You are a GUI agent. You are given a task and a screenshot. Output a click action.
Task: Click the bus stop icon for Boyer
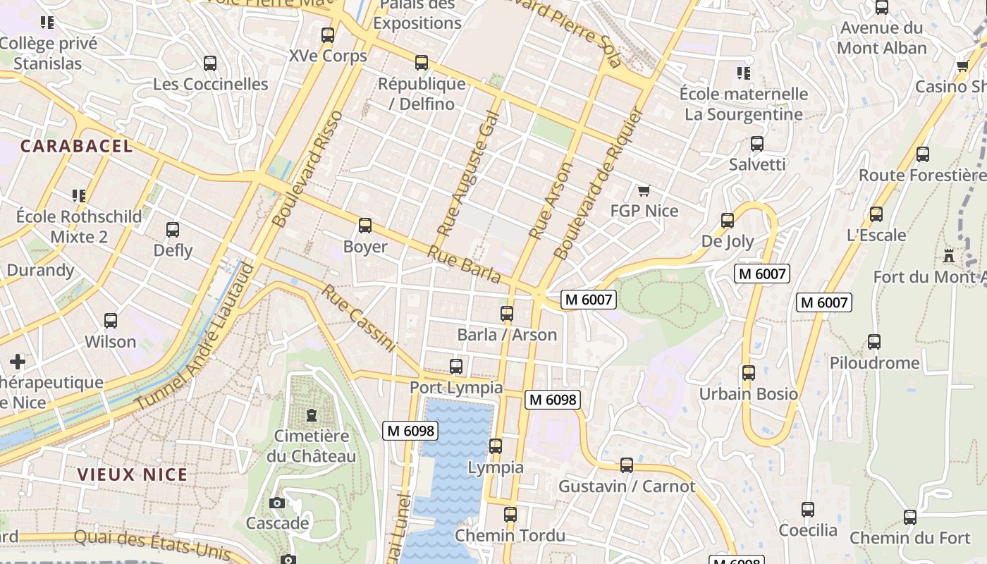pos(365,226)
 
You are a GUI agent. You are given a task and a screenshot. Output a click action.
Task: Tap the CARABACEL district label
pos(76,146)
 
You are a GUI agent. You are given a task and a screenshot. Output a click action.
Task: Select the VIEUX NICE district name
pos(133,474)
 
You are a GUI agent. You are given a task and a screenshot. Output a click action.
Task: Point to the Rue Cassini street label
pos(359,317)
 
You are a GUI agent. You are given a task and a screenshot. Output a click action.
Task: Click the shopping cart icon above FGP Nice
pos(644,190)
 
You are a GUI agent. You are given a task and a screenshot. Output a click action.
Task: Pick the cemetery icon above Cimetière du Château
pos(312,415)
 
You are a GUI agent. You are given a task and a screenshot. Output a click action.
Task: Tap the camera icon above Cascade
pos(277,503)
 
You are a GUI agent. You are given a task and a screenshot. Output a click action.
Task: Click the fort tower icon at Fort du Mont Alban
pos(949,255)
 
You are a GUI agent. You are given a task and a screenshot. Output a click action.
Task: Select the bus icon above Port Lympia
pos(456,367)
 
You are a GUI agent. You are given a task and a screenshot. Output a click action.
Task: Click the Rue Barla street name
pos(464,264)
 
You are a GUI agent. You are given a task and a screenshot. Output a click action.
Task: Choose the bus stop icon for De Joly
pos(728,221)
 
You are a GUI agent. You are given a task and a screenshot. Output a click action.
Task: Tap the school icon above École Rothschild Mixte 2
pos(79,195)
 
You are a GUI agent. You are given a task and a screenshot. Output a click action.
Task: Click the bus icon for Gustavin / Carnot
pos(626,465)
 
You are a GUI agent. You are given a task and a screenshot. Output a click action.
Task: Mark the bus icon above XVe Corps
pos(328,35)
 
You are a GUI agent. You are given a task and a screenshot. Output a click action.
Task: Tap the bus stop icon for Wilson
pos(111,321)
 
